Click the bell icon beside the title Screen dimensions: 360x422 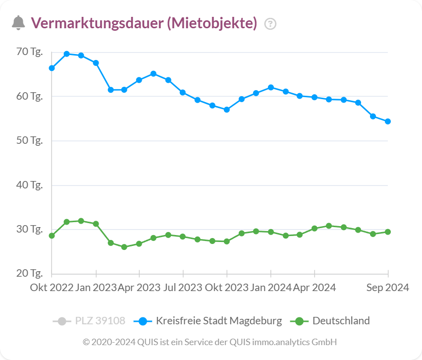(18, 23)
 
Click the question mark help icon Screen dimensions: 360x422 (270, 23)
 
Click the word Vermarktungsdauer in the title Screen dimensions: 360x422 (97, 23)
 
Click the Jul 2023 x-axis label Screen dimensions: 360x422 (183, 288)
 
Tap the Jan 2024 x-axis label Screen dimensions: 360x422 (270, 288)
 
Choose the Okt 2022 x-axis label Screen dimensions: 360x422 (52, 288)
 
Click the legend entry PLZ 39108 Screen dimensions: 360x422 (100, 321)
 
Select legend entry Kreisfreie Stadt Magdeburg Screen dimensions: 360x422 (218, 321)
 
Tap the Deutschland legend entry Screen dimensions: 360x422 (341, 321)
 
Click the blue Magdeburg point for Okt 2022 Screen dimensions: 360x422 (52, 68)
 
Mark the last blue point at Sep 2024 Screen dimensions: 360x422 (388, 121)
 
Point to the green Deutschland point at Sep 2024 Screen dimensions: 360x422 (388, 232)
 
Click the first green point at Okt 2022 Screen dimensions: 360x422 (52, 236)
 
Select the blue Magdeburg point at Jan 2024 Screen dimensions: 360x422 (271, 87)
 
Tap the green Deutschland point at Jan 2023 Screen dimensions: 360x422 (96, 224)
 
